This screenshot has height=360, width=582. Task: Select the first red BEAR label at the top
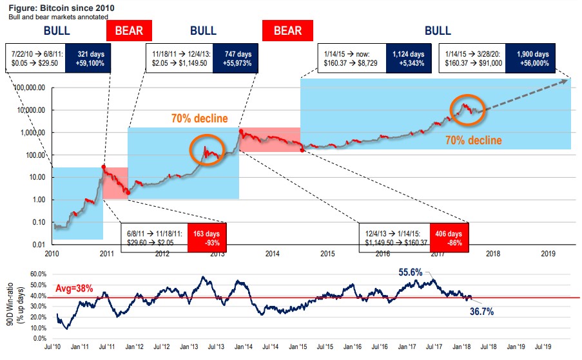pyautogui.click(x=132, y=30)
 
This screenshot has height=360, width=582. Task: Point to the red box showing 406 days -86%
pyautogui.click(x=449, y=238)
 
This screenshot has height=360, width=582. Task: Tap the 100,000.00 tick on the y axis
pyautogui.click(x=26, y=88)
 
